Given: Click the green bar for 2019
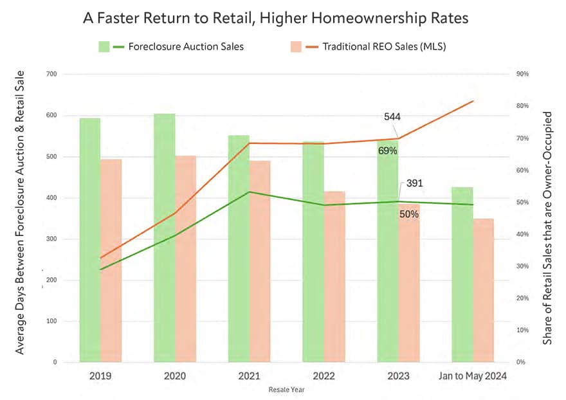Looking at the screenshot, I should pos(90,241).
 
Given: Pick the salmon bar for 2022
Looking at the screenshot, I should pos(333,277).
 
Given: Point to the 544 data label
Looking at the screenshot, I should pos(392,117).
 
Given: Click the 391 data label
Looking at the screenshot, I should pos(415,183).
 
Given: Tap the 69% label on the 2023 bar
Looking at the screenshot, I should pos(388,150).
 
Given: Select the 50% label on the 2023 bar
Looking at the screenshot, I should pos(409,214).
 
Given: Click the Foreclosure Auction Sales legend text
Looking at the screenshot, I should pos(186,46).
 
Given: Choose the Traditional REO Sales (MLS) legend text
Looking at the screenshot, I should pos(385,46).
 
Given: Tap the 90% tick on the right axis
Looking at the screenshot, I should pos(523,75).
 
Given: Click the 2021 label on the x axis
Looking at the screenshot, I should pos(249,377).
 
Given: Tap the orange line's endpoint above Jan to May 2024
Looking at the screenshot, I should pos(473,101).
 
